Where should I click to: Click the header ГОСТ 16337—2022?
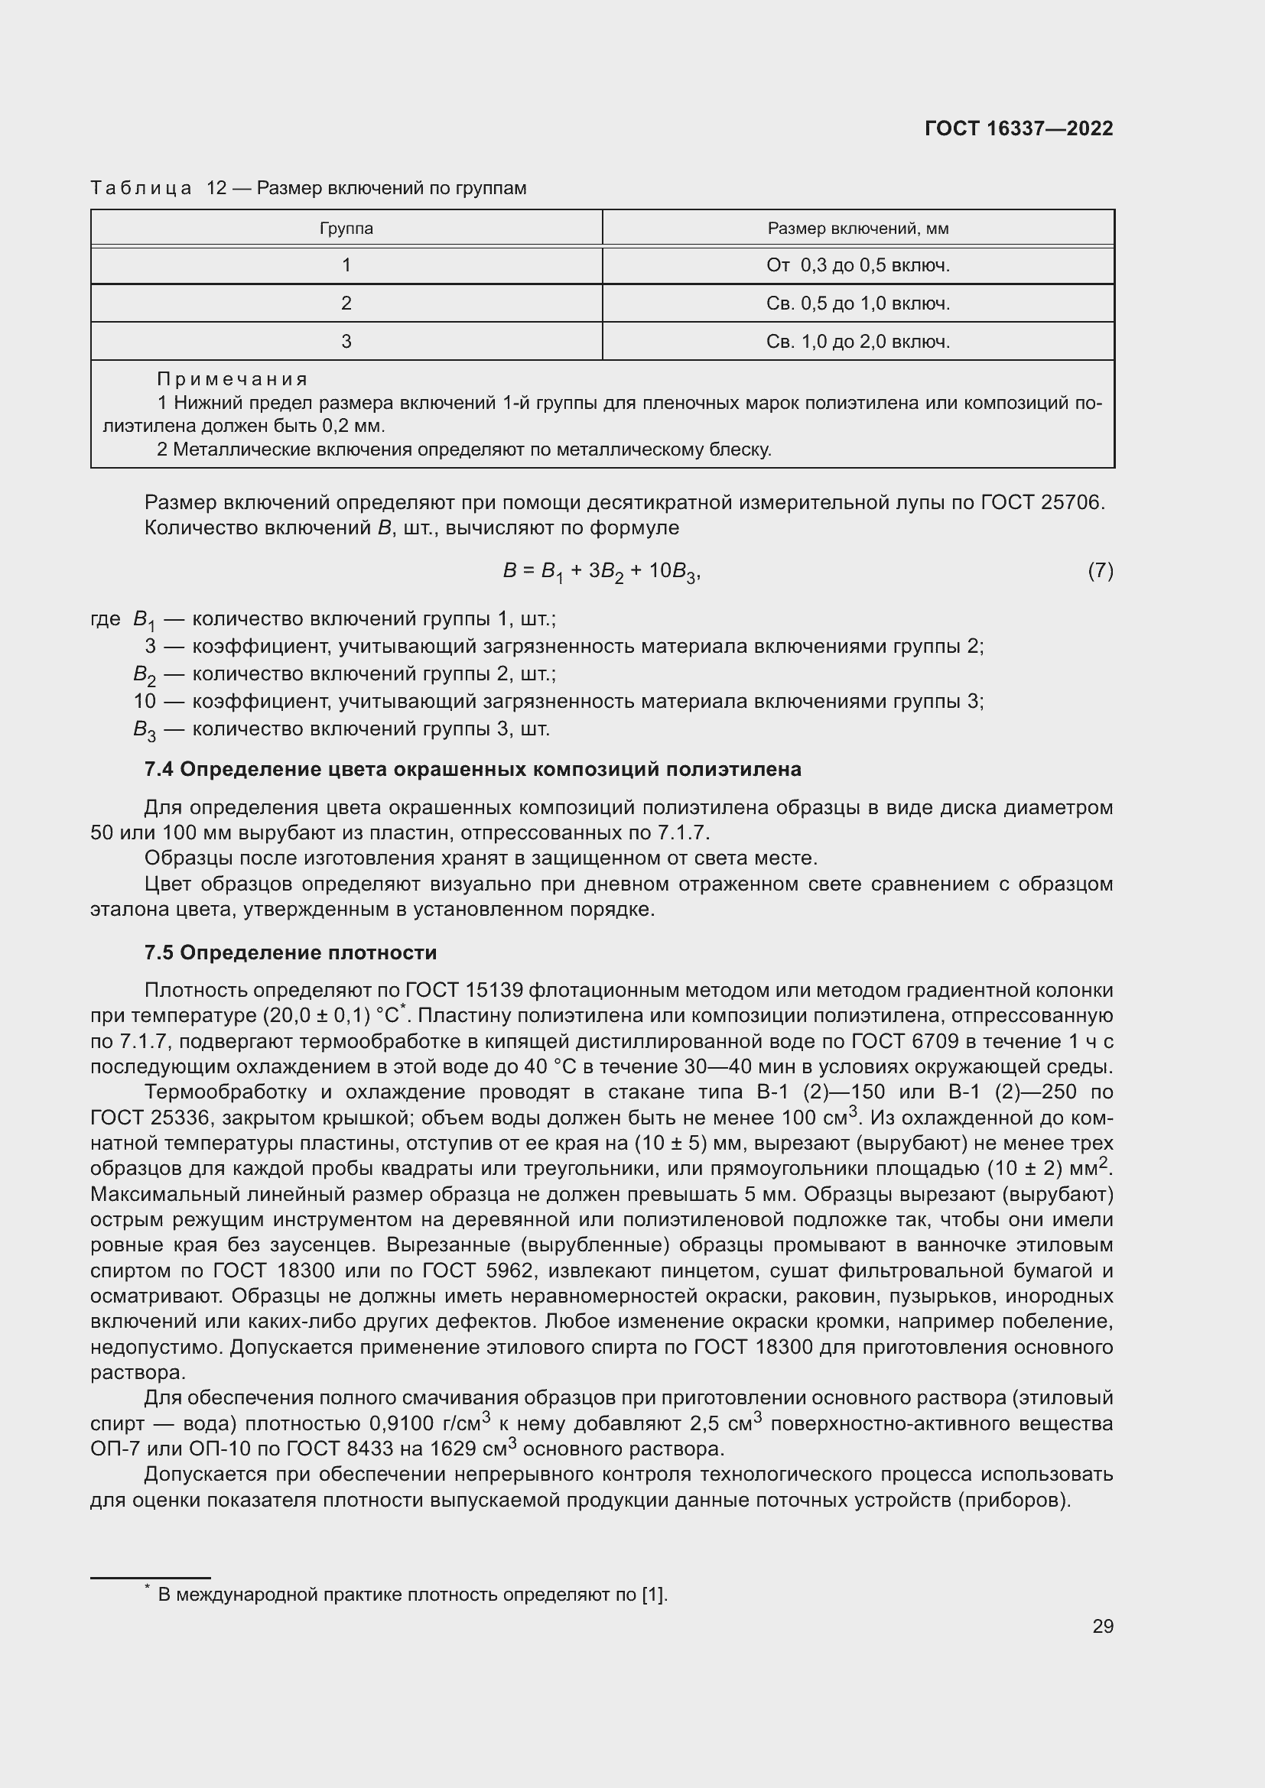tap(1019, 128)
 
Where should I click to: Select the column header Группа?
tap(346, 229)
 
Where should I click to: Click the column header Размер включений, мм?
tap(857, 229)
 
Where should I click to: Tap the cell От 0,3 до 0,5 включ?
tap(857, 265)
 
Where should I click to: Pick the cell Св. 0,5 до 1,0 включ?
tap(857, 303)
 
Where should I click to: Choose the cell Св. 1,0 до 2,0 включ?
tap(857, 342)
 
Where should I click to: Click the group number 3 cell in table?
tap(346, 342)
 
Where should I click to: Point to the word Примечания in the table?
tap(233, 379)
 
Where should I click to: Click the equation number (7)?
tap(1100, 571)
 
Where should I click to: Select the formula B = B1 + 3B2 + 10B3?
tap(601, 573)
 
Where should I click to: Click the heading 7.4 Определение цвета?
tap(472, 770)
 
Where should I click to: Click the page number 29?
tap(1102, 1627)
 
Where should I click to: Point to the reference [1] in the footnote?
tap(653, 1595)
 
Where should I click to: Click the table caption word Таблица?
tap(141, 189)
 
